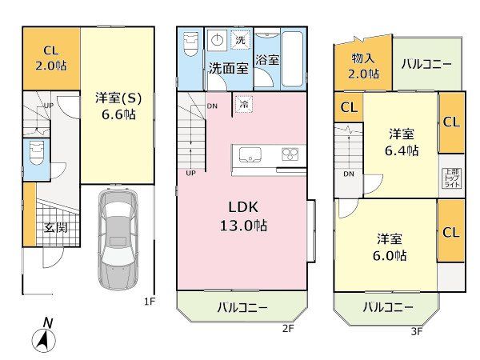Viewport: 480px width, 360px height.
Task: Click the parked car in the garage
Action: point(118,240)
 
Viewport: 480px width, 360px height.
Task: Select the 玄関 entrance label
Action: point(55,227)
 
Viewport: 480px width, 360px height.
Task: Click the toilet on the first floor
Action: point(37,153)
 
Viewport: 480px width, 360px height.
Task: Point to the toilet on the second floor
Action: point(190,44)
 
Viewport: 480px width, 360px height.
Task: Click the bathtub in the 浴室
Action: point(292,58)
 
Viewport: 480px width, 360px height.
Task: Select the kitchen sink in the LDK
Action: point(250,154)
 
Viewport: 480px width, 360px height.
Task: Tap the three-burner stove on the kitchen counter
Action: point(290,154)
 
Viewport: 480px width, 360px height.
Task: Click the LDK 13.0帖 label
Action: point(243,217)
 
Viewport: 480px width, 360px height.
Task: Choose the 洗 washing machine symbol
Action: point(240,40)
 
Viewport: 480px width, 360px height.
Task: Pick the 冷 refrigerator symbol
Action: point(244,104)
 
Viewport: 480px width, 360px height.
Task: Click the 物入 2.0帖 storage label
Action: point(363,66)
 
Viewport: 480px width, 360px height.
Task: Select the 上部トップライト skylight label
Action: point(451,178)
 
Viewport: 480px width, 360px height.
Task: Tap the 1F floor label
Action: point(150,302)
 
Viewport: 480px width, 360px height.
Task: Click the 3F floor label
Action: point(416,331)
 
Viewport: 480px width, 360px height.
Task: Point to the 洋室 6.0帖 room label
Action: point(390,247)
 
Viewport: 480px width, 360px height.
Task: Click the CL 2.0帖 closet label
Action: point(51,58)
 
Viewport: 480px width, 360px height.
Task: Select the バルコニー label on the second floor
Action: point(242,307)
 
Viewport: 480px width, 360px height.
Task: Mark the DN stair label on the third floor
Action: point(348,174)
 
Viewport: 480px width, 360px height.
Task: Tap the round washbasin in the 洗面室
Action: point(217,40)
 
